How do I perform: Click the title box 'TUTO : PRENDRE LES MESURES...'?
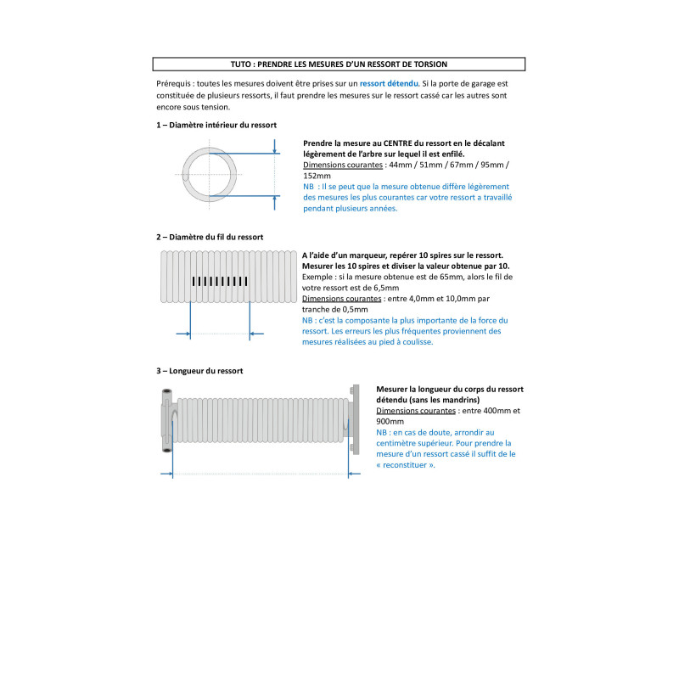(339, 64)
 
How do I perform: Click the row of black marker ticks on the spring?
(219, 280)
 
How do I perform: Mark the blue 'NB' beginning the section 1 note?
(308, 187)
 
